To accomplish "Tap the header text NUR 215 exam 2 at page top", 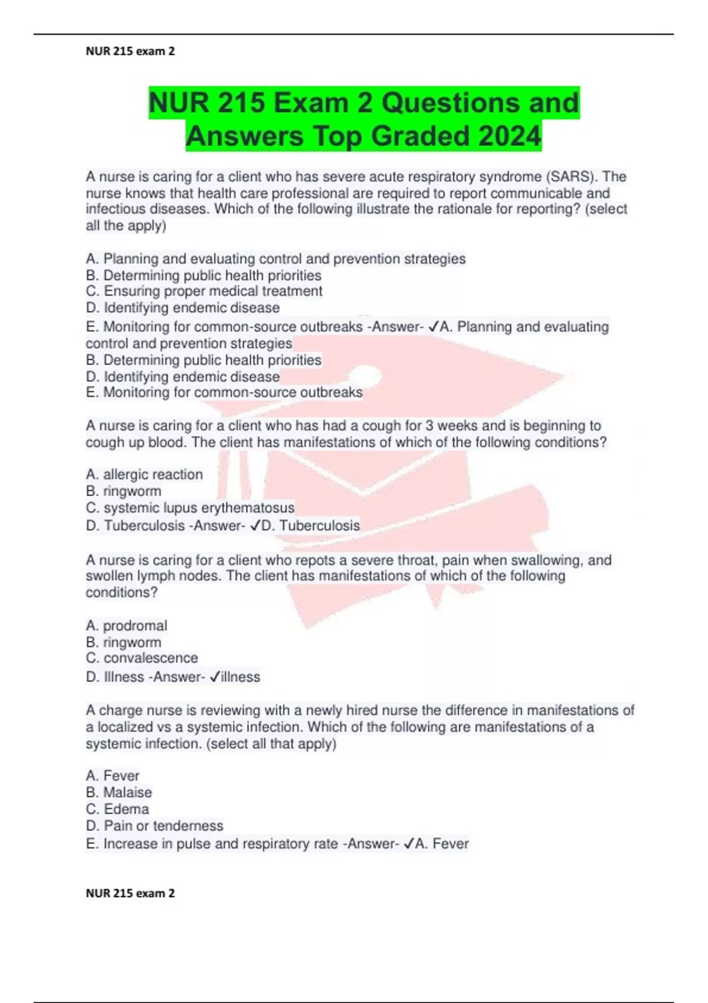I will tap(130, 51).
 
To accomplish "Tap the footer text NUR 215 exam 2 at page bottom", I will tap(130, 893).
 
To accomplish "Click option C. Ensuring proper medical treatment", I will tap(204, 291).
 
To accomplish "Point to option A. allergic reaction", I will tap(144, 474).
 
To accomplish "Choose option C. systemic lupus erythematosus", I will tap(190, 508).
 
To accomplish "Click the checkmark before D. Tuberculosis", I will tap(255, 526).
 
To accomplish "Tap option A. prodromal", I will tap(126, 625).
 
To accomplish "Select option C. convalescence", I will tap(142, 658).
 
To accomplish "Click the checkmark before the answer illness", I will tap(215, 677).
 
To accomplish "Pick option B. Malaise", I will tap(119, 792).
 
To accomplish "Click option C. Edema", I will tap(117, 809).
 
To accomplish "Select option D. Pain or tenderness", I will tap(155, 826).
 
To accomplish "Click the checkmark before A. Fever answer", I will tap(409, 844).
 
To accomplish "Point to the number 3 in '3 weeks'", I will tap(430, 426).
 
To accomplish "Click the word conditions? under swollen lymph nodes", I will tap(122, 592).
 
